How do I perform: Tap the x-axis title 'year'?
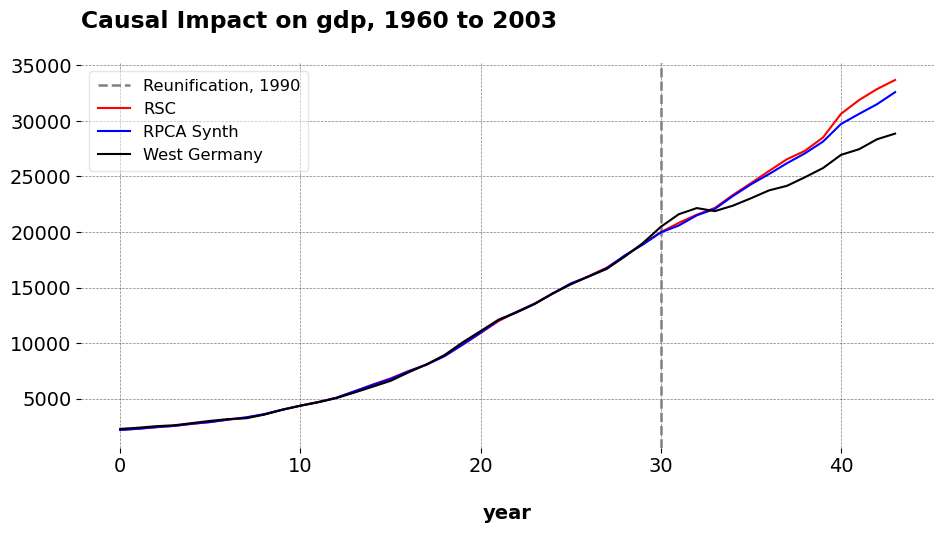coord(507,513)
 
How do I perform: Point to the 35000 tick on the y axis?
coord(41,66)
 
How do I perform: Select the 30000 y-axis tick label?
coord(41,122)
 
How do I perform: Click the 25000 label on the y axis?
coord(41,177)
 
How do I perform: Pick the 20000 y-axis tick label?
coord(41,233)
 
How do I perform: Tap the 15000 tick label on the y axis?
coord(41,289)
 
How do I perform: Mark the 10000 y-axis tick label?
coord(41,344)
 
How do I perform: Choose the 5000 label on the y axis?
coord(48,399)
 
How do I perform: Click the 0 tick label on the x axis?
coord(120,465)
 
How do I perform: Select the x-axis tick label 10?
coord(300,465)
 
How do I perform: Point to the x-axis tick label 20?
coord(481,465)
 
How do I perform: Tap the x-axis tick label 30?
coord(661,465)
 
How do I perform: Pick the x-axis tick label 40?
coord(841,465)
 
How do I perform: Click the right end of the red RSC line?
coord(895,79)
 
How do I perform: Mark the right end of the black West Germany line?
coord(895,133)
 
